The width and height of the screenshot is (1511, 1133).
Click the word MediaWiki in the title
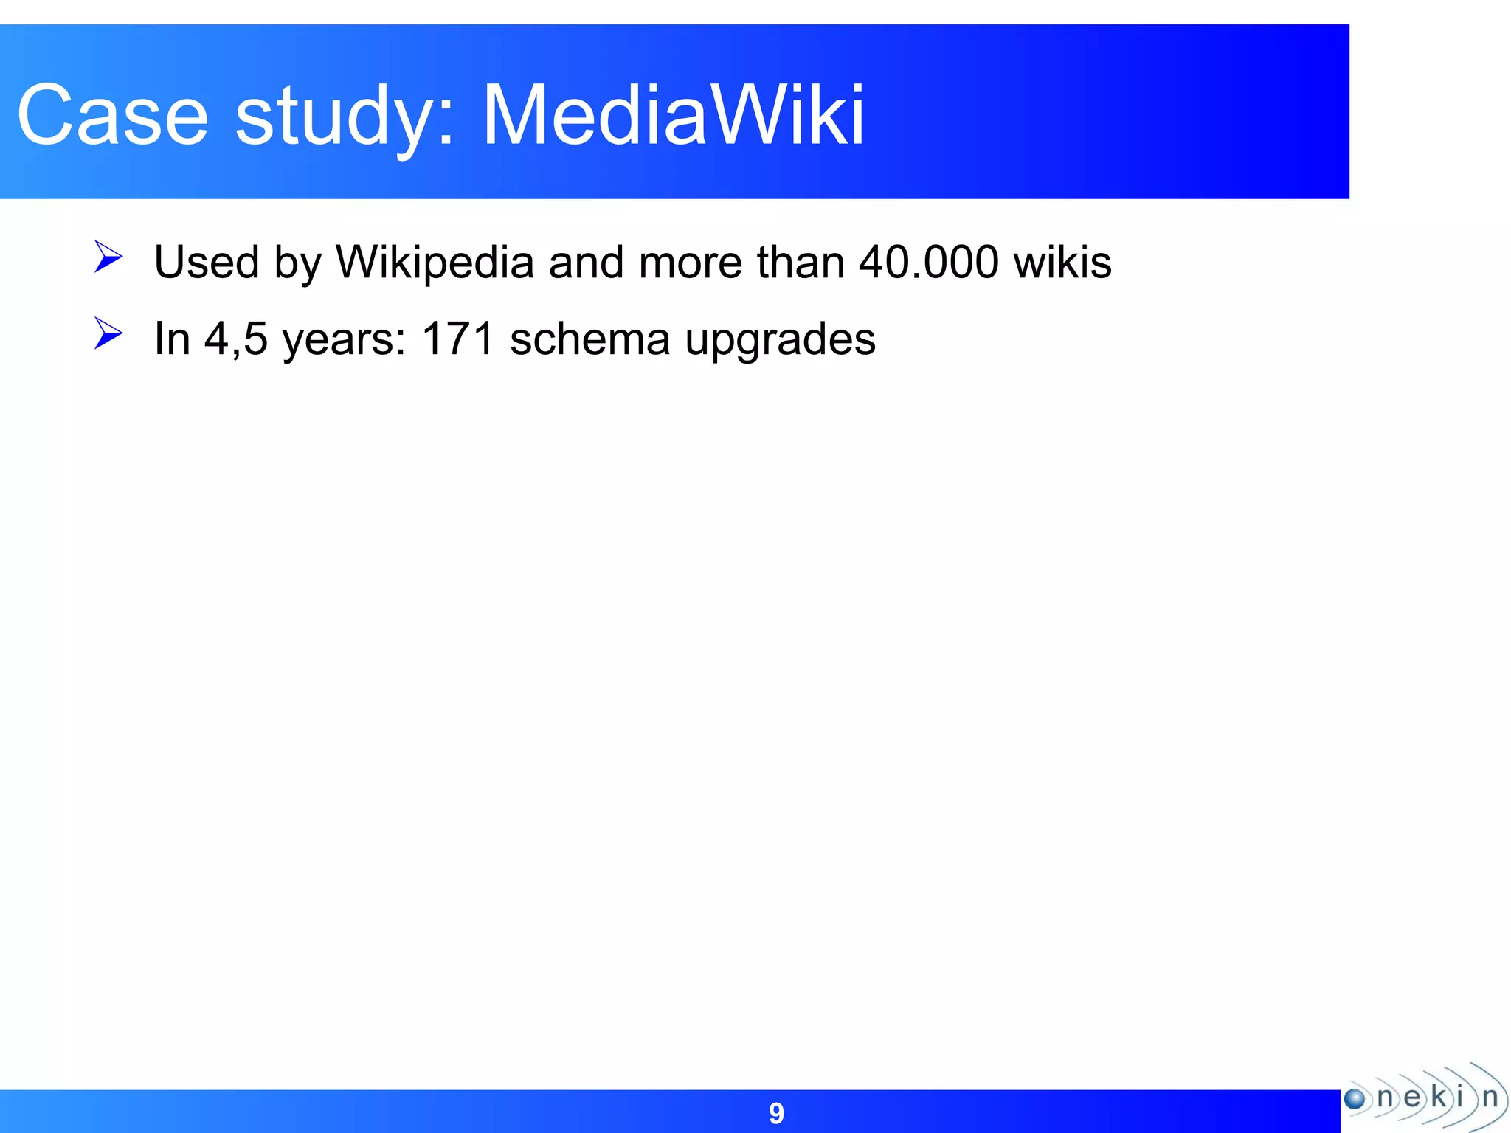point(673,116)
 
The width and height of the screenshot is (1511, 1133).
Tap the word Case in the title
point(113,116)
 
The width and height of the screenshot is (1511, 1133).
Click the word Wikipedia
point(435,262)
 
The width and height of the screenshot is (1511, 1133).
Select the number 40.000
point(929,262)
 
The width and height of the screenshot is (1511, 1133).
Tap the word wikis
point(1062,262)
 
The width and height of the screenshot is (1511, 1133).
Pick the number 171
point(457,339)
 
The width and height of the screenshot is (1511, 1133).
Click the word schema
point(589,339)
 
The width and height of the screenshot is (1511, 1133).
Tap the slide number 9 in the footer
point(776,1113)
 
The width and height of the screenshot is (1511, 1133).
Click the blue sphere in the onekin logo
point(1355,1099)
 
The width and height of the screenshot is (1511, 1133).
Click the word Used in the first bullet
point(207,262)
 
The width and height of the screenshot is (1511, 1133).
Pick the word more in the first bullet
point(691,262)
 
